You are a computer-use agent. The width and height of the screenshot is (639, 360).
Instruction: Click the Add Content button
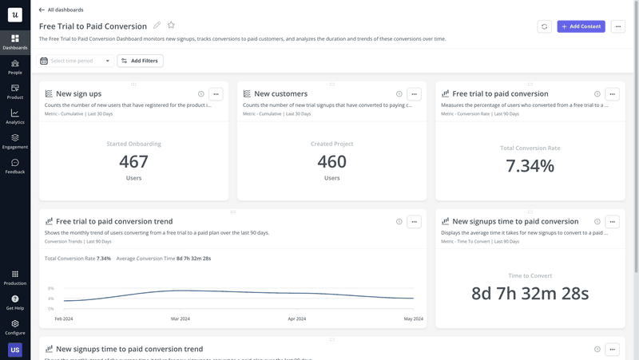tap(581, 26)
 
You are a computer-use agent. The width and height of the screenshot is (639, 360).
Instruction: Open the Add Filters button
tap(140, 61)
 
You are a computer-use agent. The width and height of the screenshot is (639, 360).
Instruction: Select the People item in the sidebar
tap(15, 67)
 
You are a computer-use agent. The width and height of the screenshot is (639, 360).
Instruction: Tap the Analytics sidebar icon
tap(15, 117)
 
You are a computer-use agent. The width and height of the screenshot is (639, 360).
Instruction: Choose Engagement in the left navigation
tap(15, 141)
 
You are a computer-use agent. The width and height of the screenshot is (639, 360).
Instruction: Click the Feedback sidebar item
tap(15, 166)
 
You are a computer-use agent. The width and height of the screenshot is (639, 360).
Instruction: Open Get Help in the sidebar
tap(15, 303)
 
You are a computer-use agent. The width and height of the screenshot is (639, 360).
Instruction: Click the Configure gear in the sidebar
tap(15, 327)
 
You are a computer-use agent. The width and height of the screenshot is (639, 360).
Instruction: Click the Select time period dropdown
tap(75, 61)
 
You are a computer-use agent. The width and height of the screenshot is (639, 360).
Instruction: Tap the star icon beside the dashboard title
tap(171, 26)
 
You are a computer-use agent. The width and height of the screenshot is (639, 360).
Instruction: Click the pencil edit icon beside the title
tap(157, 26)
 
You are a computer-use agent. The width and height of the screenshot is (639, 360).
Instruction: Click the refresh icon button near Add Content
tap(545, 26)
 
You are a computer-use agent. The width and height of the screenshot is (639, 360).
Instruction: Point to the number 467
tap(133, 162)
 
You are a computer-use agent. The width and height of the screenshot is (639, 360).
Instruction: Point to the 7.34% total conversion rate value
tap(530, 166)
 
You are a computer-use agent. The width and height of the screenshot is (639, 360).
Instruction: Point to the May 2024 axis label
tap(412, 318)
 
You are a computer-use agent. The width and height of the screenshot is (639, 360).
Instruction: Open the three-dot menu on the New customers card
tap(414, 94)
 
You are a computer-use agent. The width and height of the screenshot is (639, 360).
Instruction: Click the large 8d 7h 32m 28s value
tap(530, 293)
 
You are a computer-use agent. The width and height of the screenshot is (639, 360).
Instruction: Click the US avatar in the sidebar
tap(15, 350)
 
